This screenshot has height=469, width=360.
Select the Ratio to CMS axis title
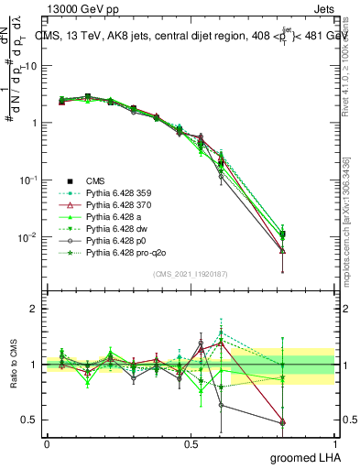(16, 365)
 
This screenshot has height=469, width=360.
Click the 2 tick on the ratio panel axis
(35, 310)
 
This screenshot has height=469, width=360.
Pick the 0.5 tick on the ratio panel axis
(31, 421)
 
